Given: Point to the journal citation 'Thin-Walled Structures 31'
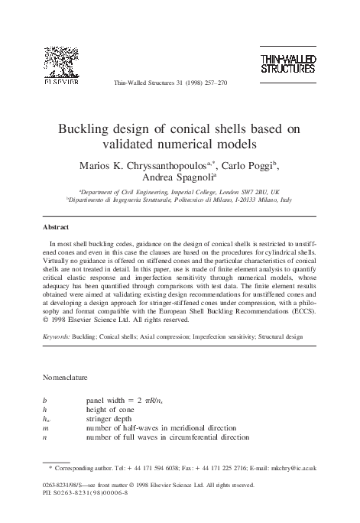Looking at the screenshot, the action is click(145, 83).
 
